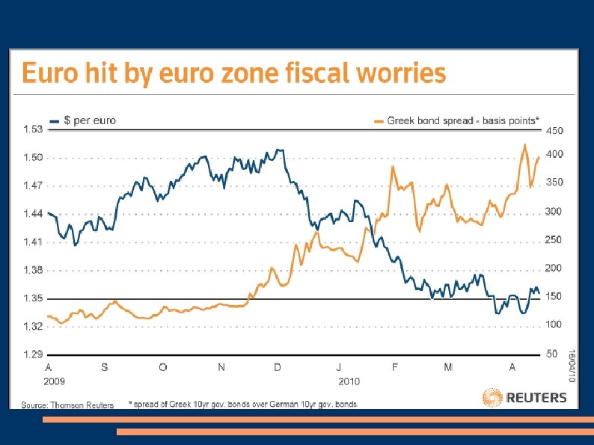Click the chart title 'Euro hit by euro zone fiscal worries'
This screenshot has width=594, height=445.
(x=234, y=74)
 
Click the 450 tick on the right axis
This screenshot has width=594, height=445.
(x=554, y=130)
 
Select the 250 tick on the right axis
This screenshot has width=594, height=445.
(x=554, y=240)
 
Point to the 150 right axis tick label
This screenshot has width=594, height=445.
(x=554, y=297)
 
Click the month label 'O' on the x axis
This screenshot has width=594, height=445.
(x=163, y=367)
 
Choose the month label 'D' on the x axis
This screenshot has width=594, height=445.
(x=278, y=367)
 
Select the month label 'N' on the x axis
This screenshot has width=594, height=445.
(x=221, y=367)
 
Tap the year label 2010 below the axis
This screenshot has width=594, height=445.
(x=349, y=381)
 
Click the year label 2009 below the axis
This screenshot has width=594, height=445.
(x=55, y=381)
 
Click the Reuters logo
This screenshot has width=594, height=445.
(x=524, y=397)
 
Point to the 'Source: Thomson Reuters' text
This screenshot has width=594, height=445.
(x=67, y=405)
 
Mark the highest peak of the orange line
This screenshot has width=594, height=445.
(x=525, y=144)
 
